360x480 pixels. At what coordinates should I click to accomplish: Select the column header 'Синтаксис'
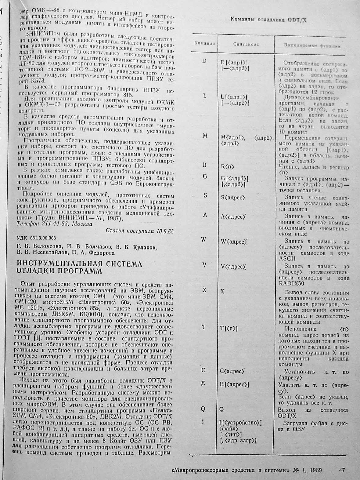point(246,44)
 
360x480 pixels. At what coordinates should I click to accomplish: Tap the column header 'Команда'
point(204,43)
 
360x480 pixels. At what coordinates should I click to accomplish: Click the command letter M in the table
point(205,136)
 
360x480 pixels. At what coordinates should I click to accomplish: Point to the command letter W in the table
point(204,240)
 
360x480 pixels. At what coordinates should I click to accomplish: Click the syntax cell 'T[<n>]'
point(229,329)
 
